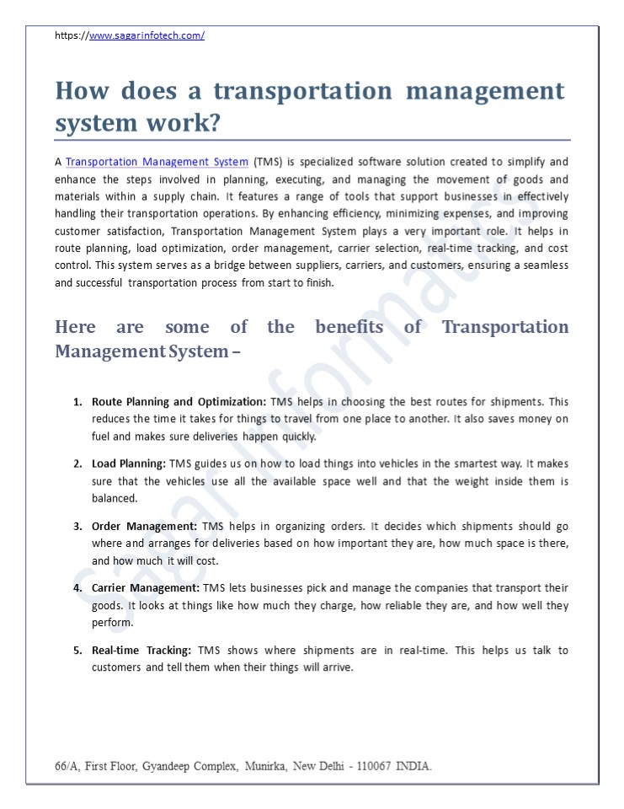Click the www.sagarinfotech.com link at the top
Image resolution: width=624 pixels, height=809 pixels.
click(x=147, y=35)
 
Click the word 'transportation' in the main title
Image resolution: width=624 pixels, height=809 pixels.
click(x=303, y=91)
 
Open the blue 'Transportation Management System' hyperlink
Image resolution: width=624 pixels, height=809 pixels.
click(x=157, y=162)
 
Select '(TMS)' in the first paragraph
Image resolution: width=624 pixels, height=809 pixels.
click(x=268, y=162)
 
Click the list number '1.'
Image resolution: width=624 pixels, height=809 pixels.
click(x=77, y=402)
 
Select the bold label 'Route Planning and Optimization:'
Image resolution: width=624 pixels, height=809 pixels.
click(x=179, y=402)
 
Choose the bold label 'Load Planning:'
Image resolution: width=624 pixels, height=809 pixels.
click(x=129, y=463)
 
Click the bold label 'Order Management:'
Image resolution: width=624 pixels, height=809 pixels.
click(x=144, y=526)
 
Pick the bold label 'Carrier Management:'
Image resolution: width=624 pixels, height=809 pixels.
click(x=146, y=588)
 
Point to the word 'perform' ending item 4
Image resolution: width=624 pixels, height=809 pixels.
click(x=111, y=624)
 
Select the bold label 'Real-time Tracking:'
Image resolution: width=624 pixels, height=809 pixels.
click(x=141, y=651)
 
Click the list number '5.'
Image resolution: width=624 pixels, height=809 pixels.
click(x=77, y=651)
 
